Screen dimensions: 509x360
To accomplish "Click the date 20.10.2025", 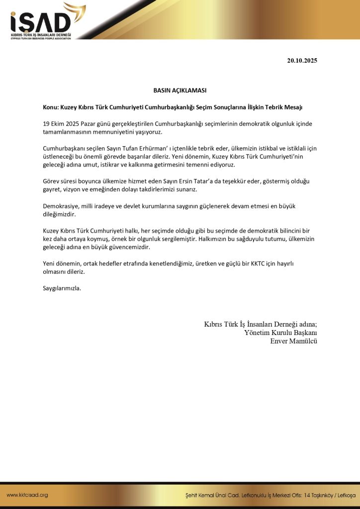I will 302,61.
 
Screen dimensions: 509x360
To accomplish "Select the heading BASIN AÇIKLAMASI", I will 180,90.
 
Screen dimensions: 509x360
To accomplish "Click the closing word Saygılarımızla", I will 62,288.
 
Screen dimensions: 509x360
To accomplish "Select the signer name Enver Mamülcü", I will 293,341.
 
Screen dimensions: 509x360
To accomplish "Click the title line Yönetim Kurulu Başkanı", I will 280,333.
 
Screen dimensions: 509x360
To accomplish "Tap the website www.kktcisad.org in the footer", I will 27,495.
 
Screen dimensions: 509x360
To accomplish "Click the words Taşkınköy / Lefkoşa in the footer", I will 333,496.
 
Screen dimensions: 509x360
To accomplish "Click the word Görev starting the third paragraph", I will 52,181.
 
